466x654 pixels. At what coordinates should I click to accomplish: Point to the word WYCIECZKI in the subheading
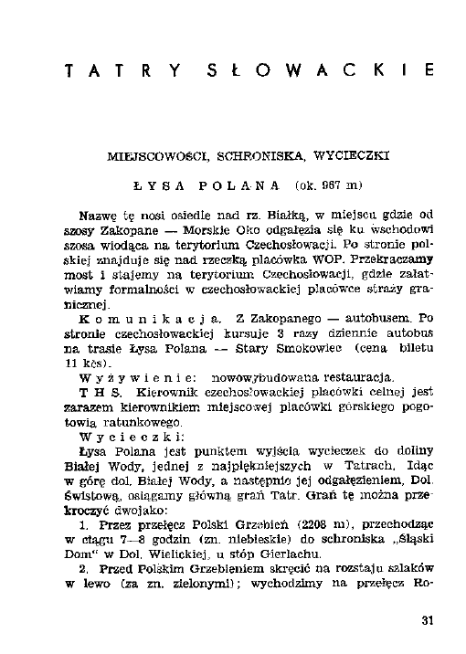339,156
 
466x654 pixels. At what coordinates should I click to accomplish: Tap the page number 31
427,621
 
